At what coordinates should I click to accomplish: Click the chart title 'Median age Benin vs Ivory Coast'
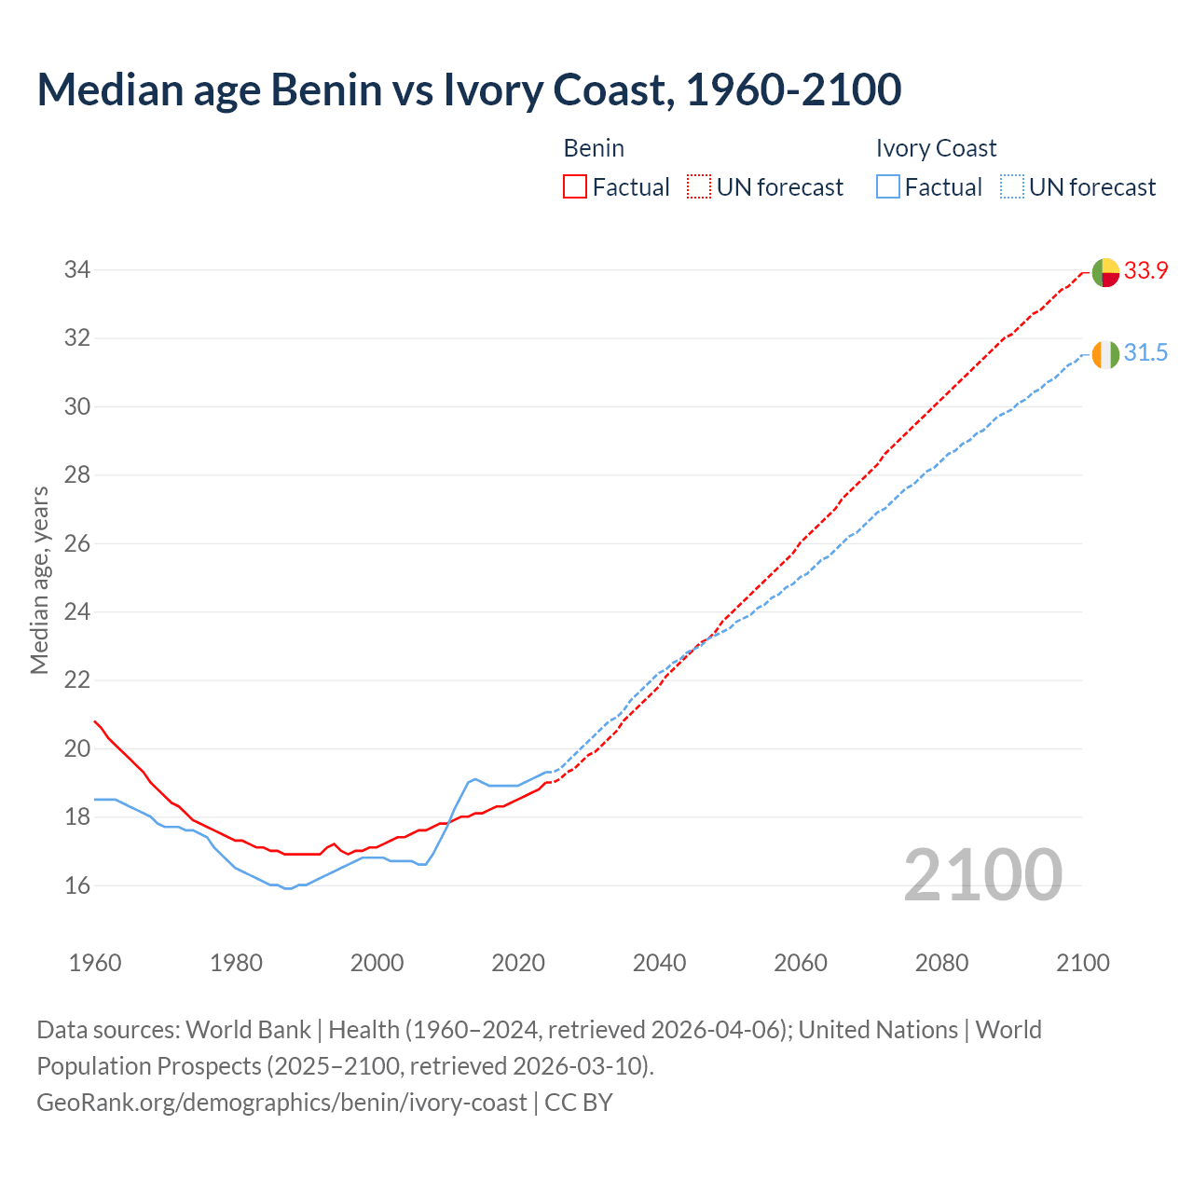point(469,89)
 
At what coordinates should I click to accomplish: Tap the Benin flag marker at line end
point(1105,272)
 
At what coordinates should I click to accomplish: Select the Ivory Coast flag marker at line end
point(1105,355)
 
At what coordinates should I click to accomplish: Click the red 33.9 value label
point(1145,271)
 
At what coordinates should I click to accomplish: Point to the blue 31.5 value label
point(1145,353)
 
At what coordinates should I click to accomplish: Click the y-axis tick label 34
point(76,270)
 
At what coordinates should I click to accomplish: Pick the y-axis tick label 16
point(76,885)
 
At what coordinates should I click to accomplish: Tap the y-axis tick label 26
point(76,543)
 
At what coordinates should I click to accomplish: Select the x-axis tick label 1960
point(95,963)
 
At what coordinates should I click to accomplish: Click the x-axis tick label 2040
point(659,963)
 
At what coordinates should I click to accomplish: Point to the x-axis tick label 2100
point(1082,963)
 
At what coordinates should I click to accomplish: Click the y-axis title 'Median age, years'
point(39,580)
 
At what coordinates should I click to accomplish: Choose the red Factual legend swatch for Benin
point(575,187)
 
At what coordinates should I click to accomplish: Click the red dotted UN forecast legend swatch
point(699,187)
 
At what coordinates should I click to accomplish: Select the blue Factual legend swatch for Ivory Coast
point(888,187)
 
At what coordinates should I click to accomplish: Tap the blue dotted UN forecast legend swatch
point(1011,187)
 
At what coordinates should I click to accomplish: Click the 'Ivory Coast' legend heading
point(936,148)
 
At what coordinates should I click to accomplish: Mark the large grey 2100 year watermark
point(982,875)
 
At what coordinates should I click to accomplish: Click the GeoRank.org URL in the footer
point(281,1103)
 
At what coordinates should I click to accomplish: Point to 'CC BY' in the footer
point(579,1103)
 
